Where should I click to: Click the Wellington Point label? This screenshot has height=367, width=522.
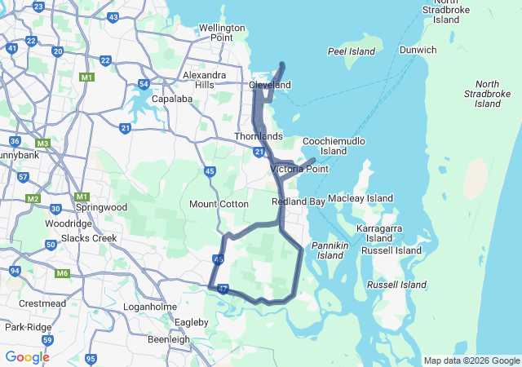pos(222,33)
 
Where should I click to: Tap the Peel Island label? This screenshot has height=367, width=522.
pos(351,51)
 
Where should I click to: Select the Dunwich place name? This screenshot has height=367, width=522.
pos(418,50)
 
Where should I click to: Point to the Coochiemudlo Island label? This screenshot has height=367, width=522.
pos(334,146)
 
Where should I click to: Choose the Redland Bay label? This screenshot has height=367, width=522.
pos(299,201)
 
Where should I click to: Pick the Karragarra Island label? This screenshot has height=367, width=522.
pos(378,233)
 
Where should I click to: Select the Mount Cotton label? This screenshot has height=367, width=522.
pos(219,204)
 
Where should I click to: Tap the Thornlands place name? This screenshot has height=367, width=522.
pos(258,135)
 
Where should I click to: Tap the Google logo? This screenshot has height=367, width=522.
pos(27,357)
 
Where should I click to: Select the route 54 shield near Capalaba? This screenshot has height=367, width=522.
pos(144,84)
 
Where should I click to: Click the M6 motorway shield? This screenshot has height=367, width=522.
pos(63,273)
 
